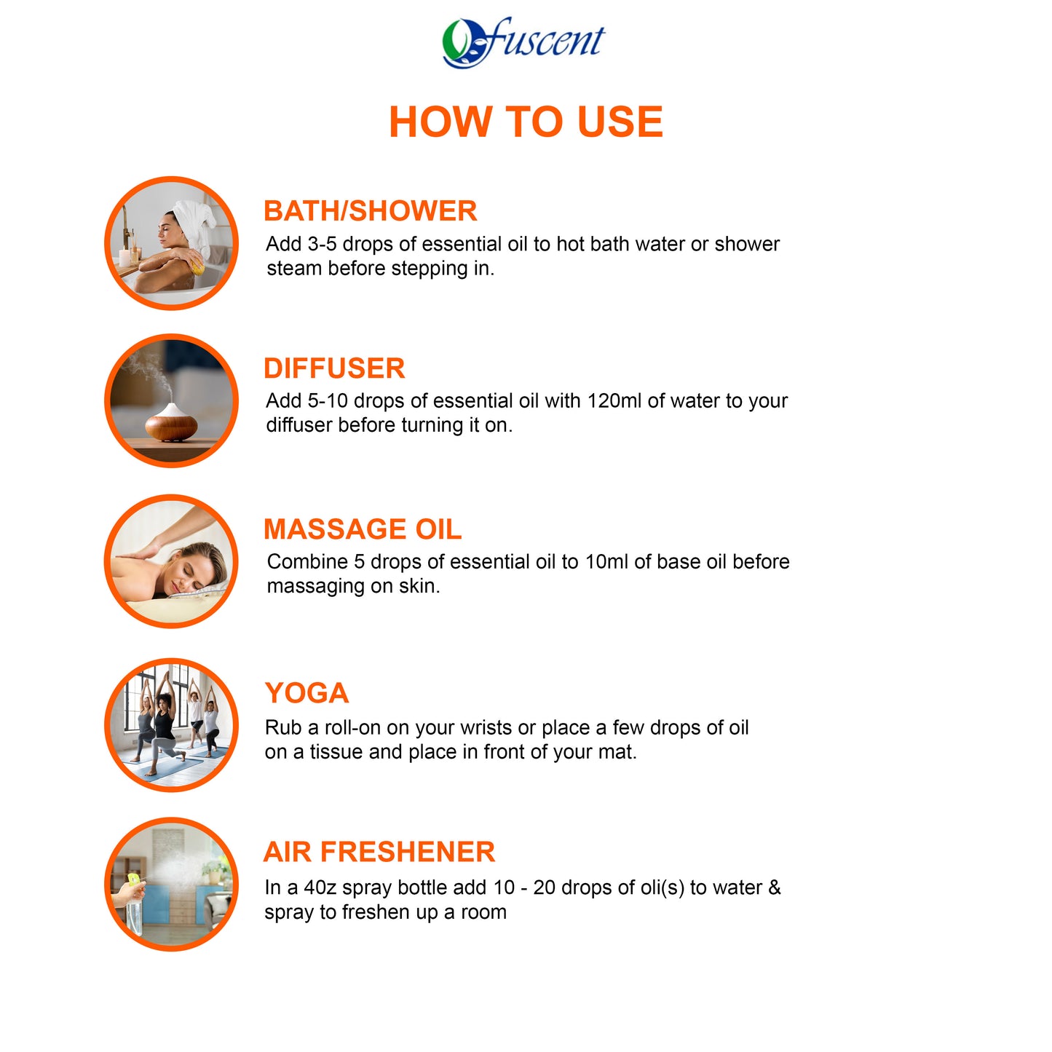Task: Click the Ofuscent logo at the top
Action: pyautogui.click(x=523, y=42)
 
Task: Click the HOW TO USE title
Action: pyautogui.click(x=526, y=122)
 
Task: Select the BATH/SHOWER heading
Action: pyautogui.click(x=370, y=211)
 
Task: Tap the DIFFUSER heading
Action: pyautogui.click(x=334, y=368)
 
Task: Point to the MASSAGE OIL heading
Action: pyautogui.click(x=363, y=529)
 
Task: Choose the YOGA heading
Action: pyautogui.click(x=306, y=693)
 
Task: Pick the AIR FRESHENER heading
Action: pyautogui.click(x=379, y=852)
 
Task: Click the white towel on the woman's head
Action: pyautogui.click(x=195, y=218)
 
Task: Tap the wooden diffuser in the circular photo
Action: pyautogui.click(x=171, y=424)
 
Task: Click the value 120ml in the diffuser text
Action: pyautogui.click(x=615, y=401)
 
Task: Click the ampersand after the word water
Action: pyautogui.click(x=774, y=888)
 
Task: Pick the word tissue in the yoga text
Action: pyautogui.click(x=336, y=752)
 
